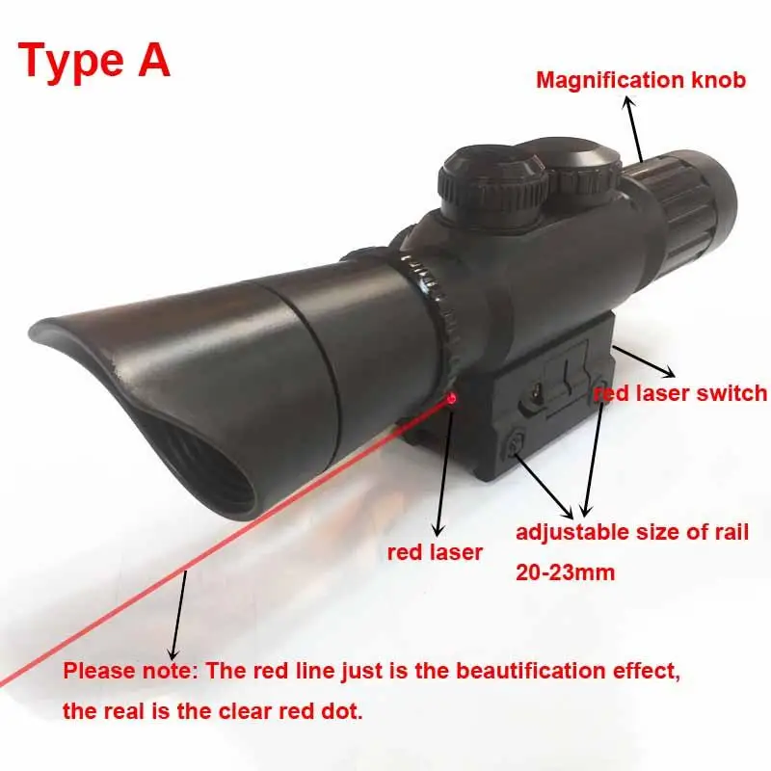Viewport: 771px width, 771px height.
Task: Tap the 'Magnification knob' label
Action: (641, 80)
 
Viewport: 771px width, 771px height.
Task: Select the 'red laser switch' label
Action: (679, 392)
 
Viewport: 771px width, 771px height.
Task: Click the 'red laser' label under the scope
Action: (435, 552)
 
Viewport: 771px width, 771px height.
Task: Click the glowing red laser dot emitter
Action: (450, 397)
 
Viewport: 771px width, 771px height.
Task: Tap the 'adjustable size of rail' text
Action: (632, 532)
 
